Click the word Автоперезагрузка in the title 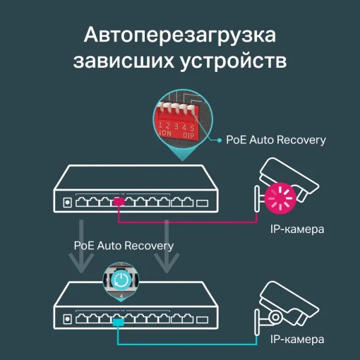180,35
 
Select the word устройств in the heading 233,61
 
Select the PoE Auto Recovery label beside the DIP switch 276,140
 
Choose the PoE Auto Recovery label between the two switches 124,245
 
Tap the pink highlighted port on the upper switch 119,203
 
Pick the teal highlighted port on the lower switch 119,320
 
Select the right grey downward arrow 167,247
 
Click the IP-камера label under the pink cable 297,230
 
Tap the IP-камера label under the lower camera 297,340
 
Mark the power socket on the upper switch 67,203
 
